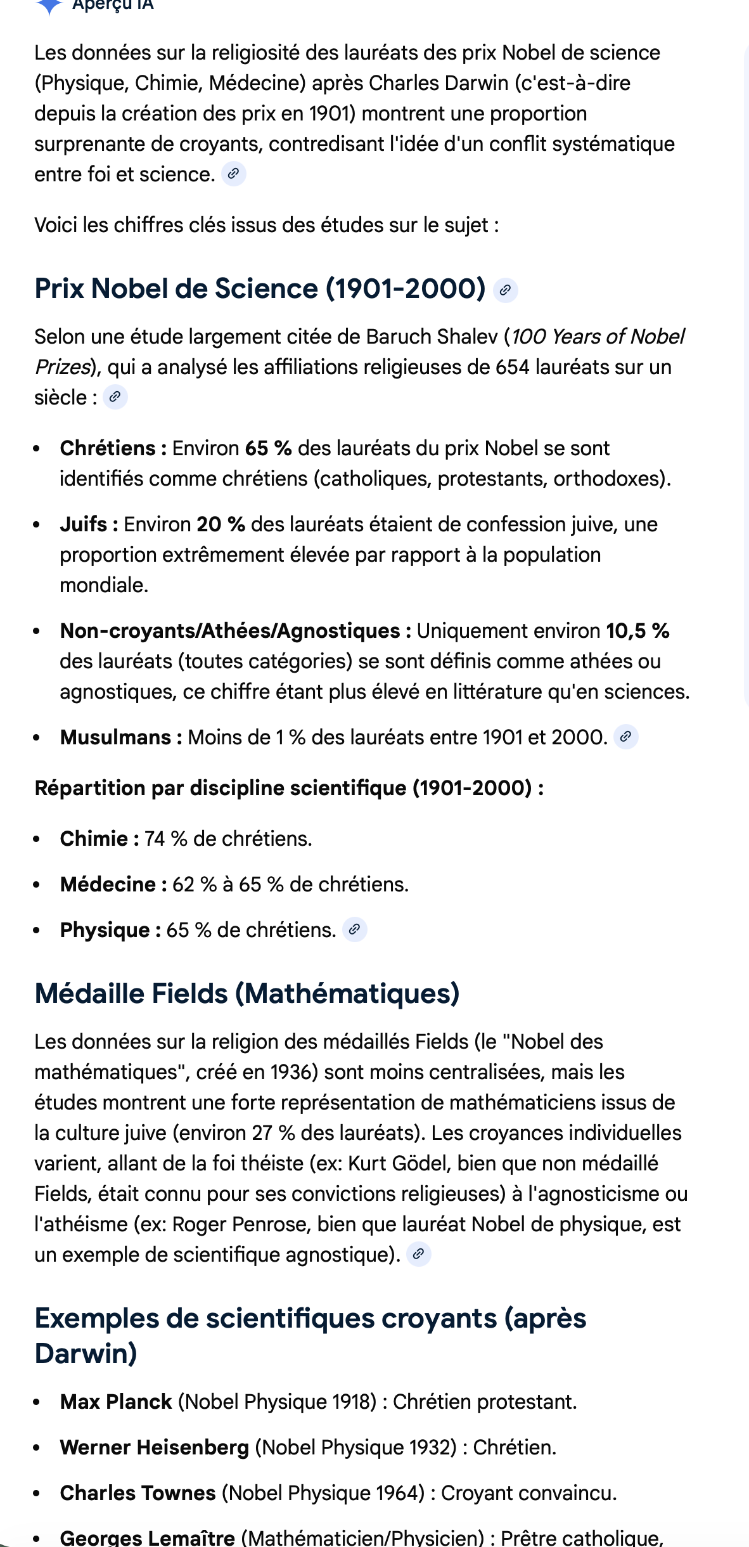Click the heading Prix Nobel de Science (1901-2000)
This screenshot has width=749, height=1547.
(x=260, y=288)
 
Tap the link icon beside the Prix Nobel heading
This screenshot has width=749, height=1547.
(x=505, y=290)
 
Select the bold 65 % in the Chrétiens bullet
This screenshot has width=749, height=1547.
(x=268, y=448)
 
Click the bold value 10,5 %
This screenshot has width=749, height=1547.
(x=637, y=631)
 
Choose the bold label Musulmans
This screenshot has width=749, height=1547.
(x=115, y=737)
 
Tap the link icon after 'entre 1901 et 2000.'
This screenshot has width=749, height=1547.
(x=625, y=737)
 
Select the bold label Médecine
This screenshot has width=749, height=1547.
(x=108, y=884)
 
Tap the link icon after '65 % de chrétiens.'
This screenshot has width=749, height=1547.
(x=355, y=929)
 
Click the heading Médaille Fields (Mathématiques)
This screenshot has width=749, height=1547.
(x=247, y=994)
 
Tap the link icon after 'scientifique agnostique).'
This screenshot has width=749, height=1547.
(x=418, y=1254)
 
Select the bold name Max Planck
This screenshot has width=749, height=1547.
(x=116, y=1402)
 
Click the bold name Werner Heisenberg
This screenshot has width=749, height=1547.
(x=154, y=1447)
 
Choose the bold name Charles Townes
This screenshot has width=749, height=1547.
(x=138, y=1493)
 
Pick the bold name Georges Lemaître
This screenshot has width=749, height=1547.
(x=147, y=1538)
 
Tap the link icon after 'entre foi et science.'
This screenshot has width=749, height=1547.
(x=233, y=174)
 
